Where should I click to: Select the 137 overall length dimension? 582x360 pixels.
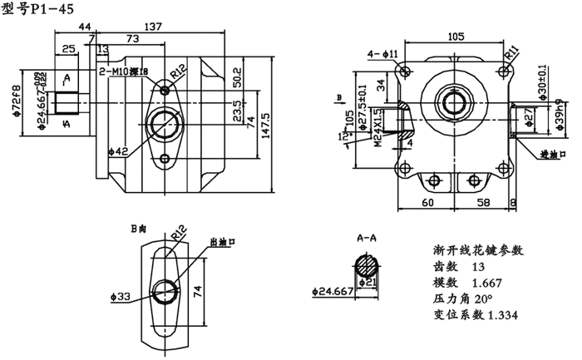tap(152, 27)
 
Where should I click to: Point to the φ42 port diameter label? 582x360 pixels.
tap(119, 150)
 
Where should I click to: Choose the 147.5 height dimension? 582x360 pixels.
tap(267, 116)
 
